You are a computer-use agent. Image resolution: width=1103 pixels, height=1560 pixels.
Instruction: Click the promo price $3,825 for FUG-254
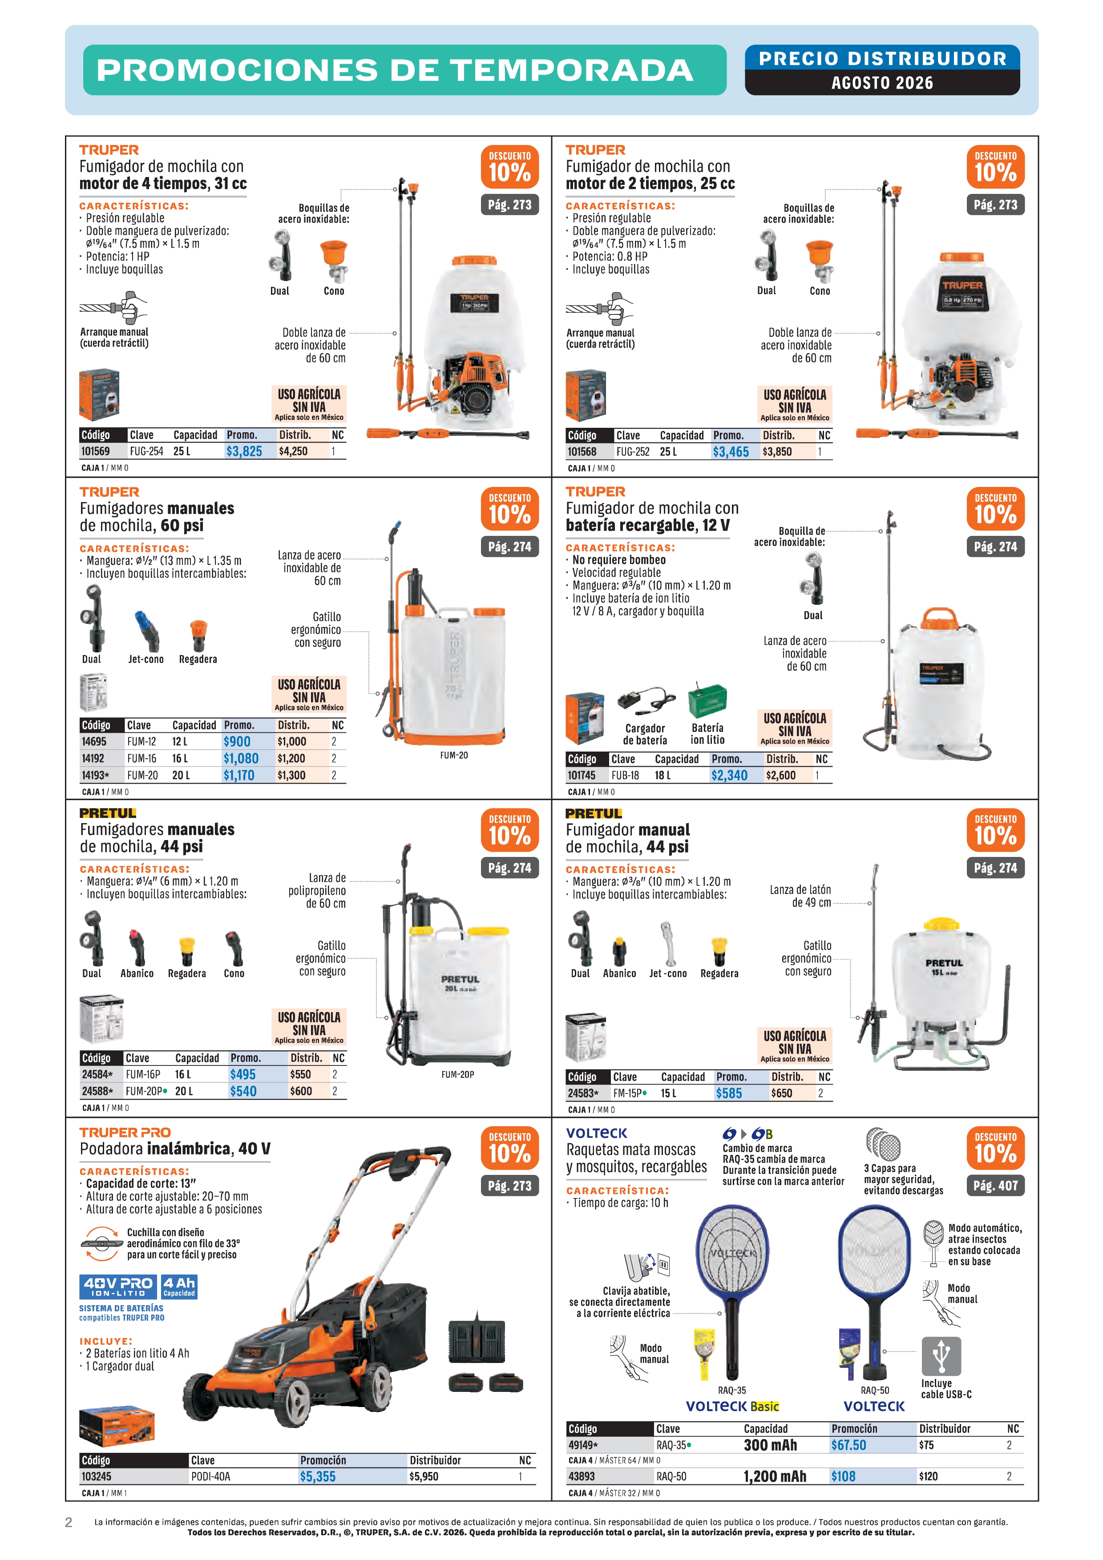tap(244, 451)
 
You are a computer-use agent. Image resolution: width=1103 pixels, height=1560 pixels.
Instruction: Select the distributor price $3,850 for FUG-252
tap(777, 452)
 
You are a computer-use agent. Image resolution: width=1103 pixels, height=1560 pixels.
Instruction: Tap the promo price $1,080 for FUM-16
tap(241, 758)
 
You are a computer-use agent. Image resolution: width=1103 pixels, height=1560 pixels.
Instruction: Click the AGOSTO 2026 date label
tap(882, 83)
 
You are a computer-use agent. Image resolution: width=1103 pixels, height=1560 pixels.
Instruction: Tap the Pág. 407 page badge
tap(995, 1186)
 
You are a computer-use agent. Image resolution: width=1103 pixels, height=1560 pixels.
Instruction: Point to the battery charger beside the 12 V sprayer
tap(646, 701)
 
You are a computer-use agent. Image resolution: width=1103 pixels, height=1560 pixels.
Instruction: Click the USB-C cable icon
tap(941, 1356)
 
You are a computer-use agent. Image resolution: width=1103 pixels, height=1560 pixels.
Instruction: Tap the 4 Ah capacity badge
tap(179, 1286)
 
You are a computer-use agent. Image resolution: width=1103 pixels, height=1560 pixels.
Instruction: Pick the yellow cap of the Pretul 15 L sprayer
tap(941, 924)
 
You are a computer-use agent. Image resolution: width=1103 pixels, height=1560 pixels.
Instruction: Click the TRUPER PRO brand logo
tap(125, 1133)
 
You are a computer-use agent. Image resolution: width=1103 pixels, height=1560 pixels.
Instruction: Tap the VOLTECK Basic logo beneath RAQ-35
tap(733, 1406)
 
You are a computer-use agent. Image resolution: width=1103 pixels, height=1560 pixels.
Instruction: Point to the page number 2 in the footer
tap(69, 1522)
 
